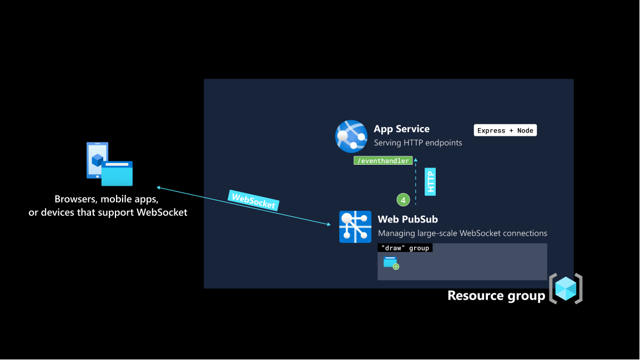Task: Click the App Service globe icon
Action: coord(351,136)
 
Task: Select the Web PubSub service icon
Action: coord(355,227)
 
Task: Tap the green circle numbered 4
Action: coord(403,200)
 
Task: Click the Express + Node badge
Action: coord(505,130)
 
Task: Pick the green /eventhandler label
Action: coord(383,161)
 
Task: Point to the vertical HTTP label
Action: coord(430,181)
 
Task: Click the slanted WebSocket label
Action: coord(253,200)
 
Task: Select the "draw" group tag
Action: coord(405,248)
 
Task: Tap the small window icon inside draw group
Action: coord(391,262)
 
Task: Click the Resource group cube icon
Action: coord(566,288)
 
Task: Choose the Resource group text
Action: coord(496,296)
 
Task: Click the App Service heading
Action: coord(401,129)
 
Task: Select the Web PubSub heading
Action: coord(407,219)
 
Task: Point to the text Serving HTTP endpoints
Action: coord(417,143)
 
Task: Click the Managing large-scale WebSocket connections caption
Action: coord(462,233)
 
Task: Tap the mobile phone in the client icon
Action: coord(95,160)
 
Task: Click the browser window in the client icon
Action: coord(117,174)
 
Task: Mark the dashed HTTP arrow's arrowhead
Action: coord(416,161)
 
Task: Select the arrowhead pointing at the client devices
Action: coord(158,187)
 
